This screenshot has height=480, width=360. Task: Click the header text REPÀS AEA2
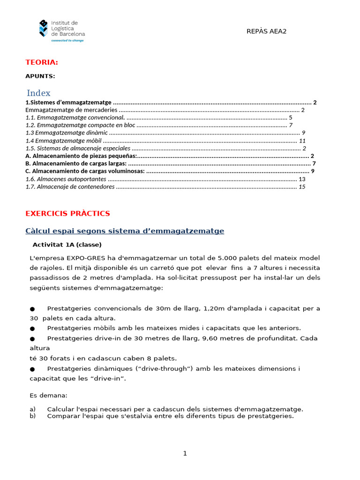tap(266, 31)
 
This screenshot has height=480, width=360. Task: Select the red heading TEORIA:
tap(42, 62)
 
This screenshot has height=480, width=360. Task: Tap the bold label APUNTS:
tap(40, 76)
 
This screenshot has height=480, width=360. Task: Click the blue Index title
tap(38, 93)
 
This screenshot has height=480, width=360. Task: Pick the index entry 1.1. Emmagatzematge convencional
tap(75, 118)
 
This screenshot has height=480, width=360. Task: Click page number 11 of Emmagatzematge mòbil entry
tap(302, 141)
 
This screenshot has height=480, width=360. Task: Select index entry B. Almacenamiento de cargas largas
tap(76, 163)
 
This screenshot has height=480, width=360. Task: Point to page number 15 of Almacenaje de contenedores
tap(302, 187)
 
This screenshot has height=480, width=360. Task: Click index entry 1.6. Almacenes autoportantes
tap(66, 179)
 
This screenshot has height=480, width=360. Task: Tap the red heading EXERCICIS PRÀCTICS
tap(67, 213)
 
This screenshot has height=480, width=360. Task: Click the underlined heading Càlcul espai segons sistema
tap(125, 231)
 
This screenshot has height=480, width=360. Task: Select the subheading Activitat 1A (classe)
tap(67, 245)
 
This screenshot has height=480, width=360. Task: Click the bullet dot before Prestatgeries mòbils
tap(32, 328)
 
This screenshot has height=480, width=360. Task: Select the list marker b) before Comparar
tap(33, 416)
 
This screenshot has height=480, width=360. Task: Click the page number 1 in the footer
tap(185, 453)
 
